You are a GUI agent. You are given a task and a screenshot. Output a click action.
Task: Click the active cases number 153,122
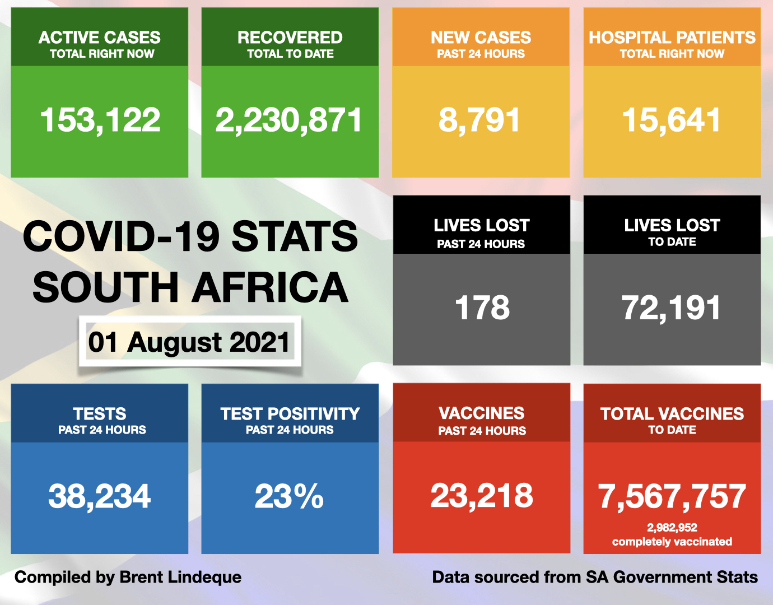[100, 120]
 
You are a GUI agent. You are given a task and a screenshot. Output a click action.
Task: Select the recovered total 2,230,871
[289, 120]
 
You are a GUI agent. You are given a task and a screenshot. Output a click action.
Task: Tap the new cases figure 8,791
[480, 120]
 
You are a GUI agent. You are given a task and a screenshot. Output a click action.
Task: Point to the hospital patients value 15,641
[672, 120]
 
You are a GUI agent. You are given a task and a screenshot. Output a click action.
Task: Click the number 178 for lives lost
[482, 308]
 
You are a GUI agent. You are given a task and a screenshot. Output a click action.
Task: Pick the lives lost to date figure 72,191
[672, 308]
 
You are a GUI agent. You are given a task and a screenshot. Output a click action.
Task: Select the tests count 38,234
[100, 496]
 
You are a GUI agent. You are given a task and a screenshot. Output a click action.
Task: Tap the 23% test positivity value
[289, 496]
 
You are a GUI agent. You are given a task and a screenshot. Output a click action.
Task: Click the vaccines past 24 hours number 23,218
[482, 496]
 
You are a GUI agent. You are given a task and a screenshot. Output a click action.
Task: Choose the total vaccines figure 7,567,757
[672, 496]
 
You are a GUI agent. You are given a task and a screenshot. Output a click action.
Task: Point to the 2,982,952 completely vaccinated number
[672, 528]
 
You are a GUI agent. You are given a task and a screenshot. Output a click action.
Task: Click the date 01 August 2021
[189, 342]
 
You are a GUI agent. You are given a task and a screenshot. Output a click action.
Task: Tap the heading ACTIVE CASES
[100, 38]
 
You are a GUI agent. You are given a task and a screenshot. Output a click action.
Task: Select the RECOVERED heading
[290, 38]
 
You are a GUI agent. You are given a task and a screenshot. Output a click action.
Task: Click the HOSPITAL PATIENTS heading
[672, 38]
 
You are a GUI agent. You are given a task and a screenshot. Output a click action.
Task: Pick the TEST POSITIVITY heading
[290, 414]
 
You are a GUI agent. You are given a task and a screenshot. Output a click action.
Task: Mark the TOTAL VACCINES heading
[672, 414]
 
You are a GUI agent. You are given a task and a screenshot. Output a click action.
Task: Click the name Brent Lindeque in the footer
[180, 578]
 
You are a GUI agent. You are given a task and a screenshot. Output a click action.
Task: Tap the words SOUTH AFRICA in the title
[190, 287]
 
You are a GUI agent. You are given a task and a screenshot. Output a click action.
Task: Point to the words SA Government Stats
[672, 578]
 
